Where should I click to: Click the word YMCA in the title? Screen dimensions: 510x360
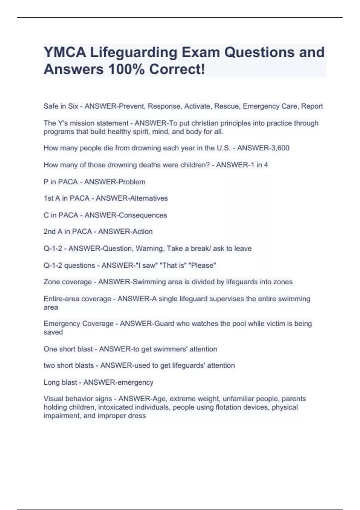(x=65, y=52)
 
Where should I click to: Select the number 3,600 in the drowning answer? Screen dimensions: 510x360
(x=279, y=148)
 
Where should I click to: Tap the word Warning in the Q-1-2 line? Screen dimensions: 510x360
(x=149, y=248)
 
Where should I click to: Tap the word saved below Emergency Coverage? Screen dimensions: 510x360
(x=53, y=332)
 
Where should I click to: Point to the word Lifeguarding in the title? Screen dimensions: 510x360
(x=134, y=52)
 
